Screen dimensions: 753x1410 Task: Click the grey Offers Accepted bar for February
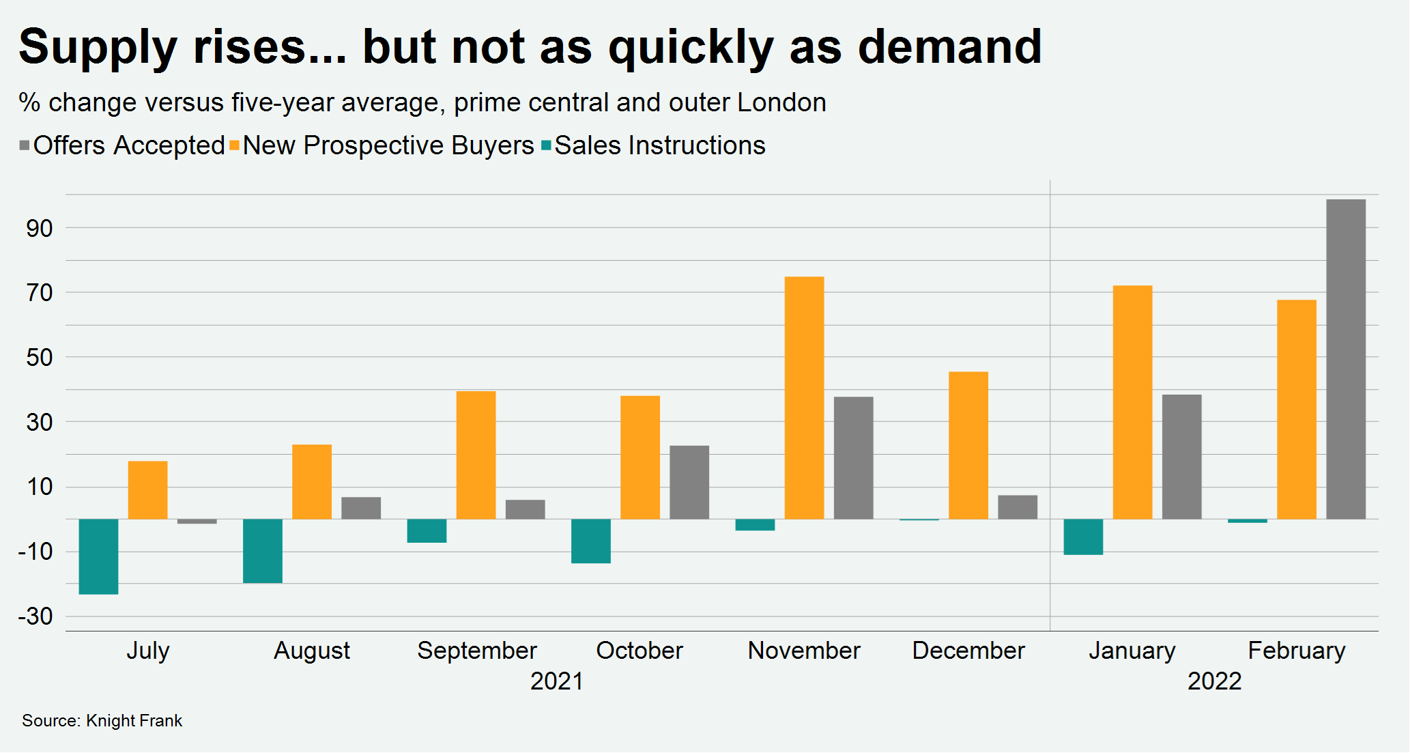tap(1345, 359)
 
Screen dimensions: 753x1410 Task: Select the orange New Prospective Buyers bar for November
tap(804, 398)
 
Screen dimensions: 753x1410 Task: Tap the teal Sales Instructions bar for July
tap(98, 556)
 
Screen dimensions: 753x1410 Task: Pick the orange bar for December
tap(968, 445)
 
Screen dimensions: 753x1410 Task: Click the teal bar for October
tap(590, 541)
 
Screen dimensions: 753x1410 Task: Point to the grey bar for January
tap(1181, 457)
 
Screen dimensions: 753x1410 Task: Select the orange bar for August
tap(312, 482)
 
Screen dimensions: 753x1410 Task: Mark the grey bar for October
tap(689, 482)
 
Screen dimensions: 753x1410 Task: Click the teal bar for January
tap(1083, 537)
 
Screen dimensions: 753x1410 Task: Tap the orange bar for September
tap(476, 455)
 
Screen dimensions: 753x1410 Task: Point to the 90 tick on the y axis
tap(40, 229)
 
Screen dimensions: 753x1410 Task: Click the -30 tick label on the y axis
tap(35, 616)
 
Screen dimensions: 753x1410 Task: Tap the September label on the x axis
tap(476, 651)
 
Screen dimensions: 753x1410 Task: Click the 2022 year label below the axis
tap(1214, 681)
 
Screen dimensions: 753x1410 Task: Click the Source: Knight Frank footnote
tap(102, 721)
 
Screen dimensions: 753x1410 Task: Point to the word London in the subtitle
tap(781, 102)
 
